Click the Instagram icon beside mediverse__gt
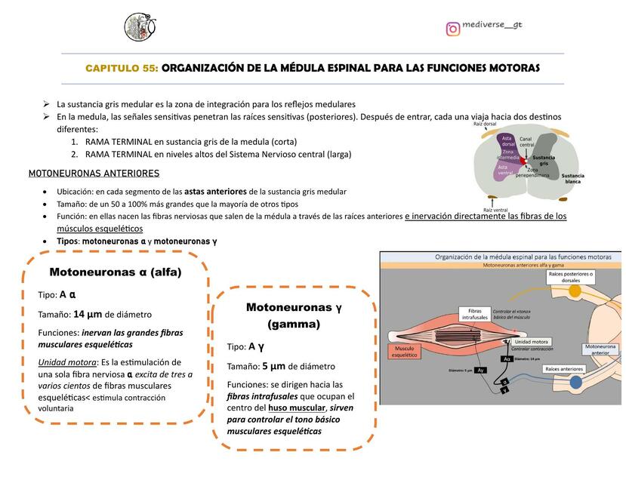[x=453, y=29]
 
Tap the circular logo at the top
[x=140, y=27]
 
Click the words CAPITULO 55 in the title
[x=122, y=68]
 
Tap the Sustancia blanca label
[x=572, y=179]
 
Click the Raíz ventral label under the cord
[x=495, y=209]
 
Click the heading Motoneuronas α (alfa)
[x=116, y=272]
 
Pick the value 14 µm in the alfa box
[x=88, y=314]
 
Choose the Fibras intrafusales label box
[x=473, y=314]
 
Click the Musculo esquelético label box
[x=403, y=351]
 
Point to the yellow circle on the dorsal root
[x=575, y=291]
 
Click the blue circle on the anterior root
[x=576, y=383]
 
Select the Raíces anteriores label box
[x=564, y=369]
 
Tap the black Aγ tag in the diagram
[x=480, y=371]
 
